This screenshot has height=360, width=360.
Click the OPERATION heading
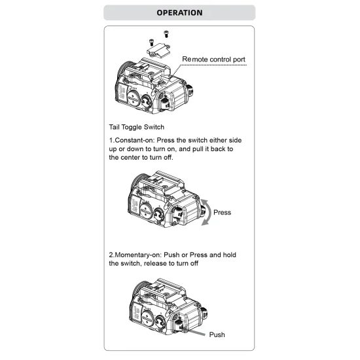coord(179,12)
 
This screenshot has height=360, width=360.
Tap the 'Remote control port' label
coord(213,59)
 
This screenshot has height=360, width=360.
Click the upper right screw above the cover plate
coord(166,34)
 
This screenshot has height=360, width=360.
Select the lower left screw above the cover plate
coord(152,43)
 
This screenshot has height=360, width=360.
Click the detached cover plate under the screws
coord(158,50)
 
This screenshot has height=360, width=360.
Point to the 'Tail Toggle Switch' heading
coord(137,127)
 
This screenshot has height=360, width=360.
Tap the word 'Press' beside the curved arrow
coord(222,212)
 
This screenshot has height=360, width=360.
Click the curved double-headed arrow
coord(209,212)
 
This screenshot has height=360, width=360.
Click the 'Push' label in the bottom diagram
coord(217,334)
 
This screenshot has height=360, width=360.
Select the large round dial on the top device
coord(134,98)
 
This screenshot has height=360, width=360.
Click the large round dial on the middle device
coord(147,211)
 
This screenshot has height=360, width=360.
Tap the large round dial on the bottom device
coord(148,318)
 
